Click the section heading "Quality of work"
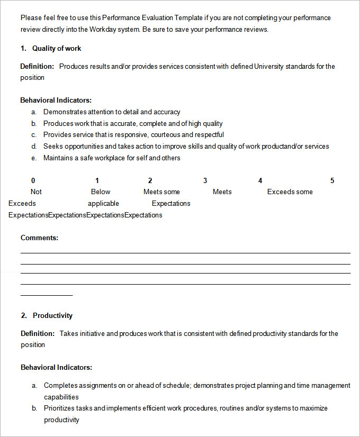pos(57,48)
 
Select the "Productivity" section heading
pos(52,315)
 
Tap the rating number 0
pos(33,180)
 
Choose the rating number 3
pos(205,180)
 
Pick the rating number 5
pos(332,180)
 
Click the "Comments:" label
pos(39,238)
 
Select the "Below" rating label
pos(101,192)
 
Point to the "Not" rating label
pos(36,192)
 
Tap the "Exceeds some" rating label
pos(290,192)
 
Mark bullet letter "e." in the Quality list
pos(34,158)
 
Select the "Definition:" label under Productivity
pos(38,333)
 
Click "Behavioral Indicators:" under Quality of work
pos(56,99)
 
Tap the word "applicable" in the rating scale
pos(103,203)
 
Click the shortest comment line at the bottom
pos(47,295)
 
